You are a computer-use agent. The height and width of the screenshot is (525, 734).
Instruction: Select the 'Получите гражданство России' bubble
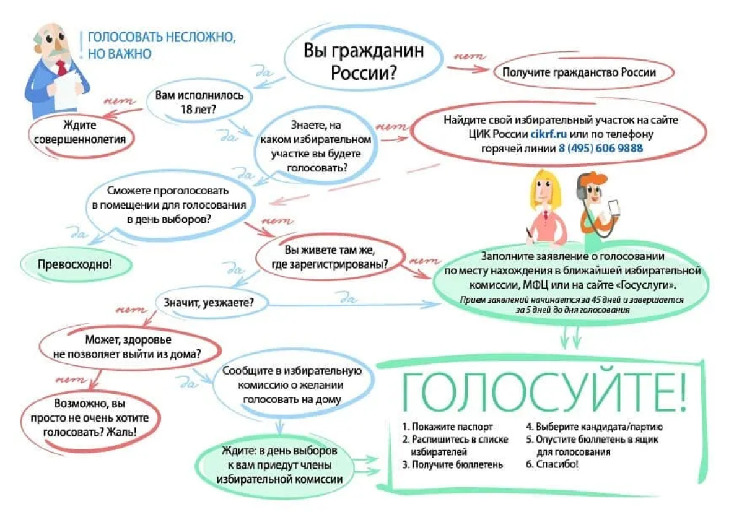click(x=579, y=72)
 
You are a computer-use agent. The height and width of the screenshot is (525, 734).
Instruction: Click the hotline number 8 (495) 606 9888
click(x=600, y=149)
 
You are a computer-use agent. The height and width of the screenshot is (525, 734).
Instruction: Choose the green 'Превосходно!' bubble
click(x=75, y=264)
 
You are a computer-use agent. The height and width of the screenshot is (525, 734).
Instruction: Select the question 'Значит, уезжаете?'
click(x=208, y=303)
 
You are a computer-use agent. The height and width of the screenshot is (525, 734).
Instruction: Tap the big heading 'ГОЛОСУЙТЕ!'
click(x=543, y=388)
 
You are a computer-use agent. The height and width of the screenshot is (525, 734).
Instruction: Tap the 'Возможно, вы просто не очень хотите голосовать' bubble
click(x=88, y=418)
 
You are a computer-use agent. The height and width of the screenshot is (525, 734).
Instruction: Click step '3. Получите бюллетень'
click(x=452, y=464)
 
